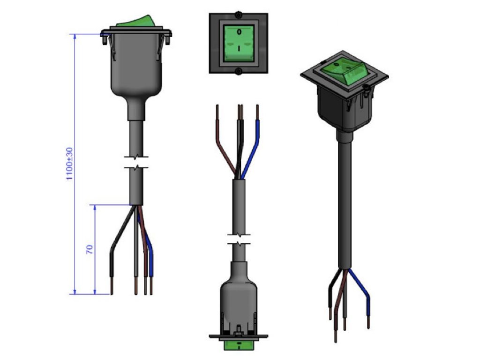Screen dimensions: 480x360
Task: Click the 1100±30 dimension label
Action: click(70, 164)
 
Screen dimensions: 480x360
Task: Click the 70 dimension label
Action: click(90, 249)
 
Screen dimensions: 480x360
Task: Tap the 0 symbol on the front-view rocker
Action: click(239, 31)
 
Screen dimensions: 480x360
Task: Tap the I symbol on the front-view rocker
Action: click(239, 48)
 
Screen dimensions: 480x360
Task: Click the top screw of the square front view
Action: click(239, 15)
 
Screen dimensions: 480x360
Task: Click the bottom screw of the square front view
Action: click(239, 72)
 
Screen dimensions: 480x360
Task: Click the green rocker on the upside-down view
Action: click(239, 345)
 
